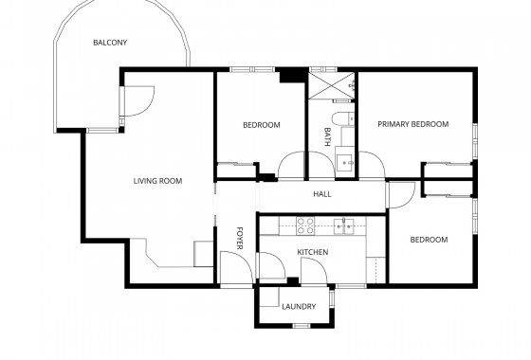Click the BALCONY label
[x=110, y=43]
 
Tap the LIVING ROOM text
[x=157, y=181]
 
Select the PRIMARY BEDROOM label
[x=412, y=124]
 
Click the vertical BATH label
[x=328, y=136]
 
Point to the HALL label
[x=321, y=195]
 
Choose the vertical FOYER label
[x=240, y=237]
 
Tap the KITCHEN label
[x=313, y=252]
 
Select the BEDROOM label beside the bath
[x=261, y=125]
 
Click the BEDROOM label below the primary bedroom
[x=429, y=240]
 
